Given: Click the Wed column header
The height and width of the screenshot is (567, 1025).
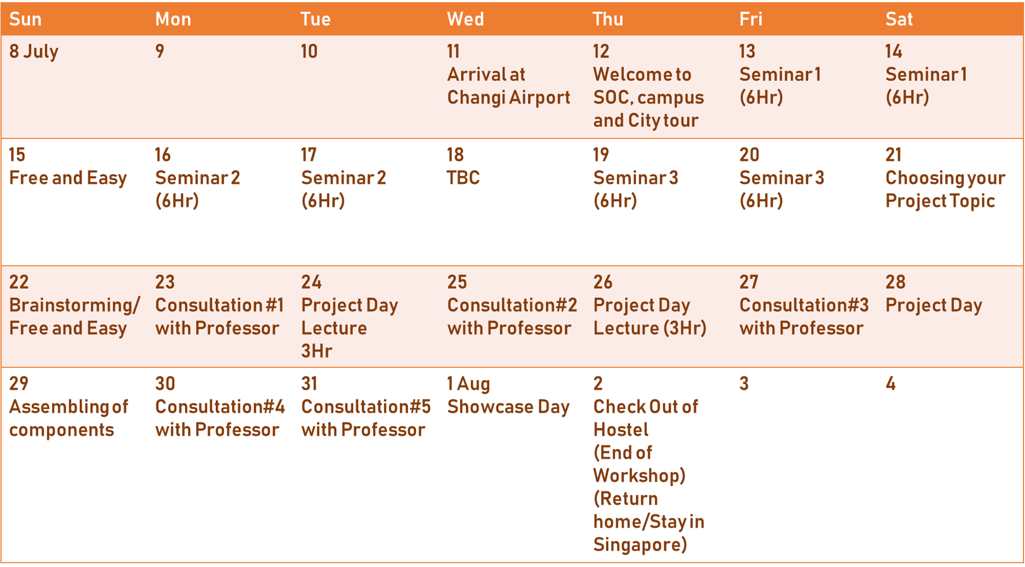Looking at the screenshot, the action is click(465, 19).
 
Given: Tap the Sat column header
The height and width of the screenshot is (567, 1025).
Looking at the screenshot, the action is click(899, 19).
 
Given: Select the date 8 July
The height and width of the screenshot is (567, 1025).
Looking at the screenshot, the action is click(34, 52).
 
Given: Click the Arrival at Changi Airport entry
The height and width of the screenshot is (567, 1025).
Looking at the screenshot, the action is click(508, 86).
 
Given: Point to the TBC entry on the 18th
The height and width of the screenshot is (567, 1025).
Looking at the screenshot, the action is click(463, 178).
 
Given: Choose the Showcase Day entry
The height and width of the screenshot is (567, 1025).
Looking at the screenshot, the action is click(508, 407).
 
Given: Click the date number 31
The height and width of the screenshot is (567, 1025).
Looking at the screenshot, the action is click(310, 384).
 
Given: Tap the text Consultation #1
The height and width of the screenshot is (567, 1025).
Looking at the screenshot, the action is click(219, 305).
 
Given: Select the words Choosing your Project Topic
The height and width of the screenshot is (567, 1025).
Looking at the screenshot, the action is click(945, 190).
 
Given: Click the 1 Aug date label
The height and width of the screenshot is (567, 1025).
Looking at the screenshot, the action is click(468, 384).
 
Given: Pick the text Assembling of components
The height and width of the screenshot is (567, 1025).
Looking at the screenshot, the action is click(69, 418).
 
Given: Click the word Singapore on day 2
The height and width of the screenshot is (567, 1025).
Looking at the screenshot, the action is click(640, 545).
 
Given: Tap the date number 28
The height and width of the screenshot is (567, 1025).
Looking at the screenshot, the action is click(895, 282).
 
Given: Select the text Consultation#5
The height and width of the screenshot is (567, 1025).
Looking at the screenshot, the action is click(366, 407).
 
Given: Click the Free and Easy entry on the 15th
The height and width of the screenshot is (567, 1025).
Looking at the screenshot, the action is click(68, 178).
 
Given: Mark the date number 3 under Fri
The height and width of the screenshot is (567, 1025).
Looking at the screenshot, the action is click(744, 384).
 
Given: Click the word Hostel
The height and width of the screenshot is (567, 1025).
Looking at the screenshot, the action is click(621, 430).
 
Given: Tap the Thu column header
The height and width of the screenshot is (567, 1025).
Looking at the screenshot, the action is click(608, 19).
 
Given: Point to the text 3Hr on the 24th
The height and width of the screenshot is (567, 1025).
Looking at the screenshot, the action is click(317, 351).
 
